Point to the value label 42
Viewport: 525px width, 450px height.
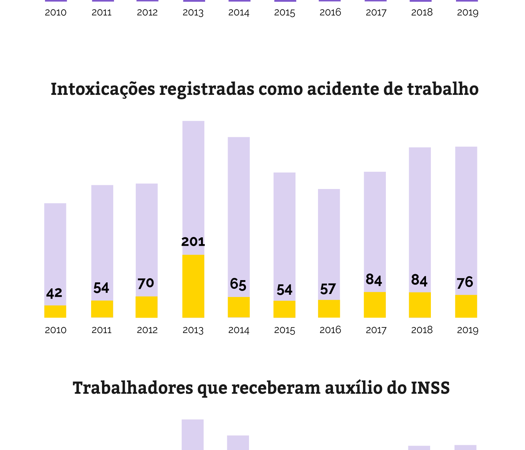coord(54,293)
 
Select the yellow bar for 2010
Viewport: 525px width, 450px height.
coord(55,312)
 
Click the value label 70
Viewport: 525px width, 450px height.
coord(146,283)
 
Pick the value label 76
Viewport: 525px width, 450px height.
coord(465,282)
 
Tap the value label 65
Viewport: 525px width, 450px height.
coord(238,285)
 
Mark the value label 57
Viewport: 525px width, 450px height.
coord(328,289)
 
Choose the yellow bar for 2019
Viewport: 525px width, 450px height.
coord(466,306)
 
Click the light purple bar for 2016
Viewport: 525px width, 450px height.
coord(329,244)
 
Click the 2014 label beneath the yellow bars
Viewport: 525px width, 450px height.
coord(239,330)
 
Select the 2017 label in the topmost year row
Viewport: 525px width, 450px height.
coord(376,12)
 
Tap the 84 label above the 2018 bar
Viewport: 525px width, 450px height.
coord(419,280)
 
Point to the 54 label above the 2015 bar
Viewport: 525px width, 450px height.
coord(285,290)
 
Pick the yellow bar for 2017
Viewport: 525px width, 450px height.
coord(375,305)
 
